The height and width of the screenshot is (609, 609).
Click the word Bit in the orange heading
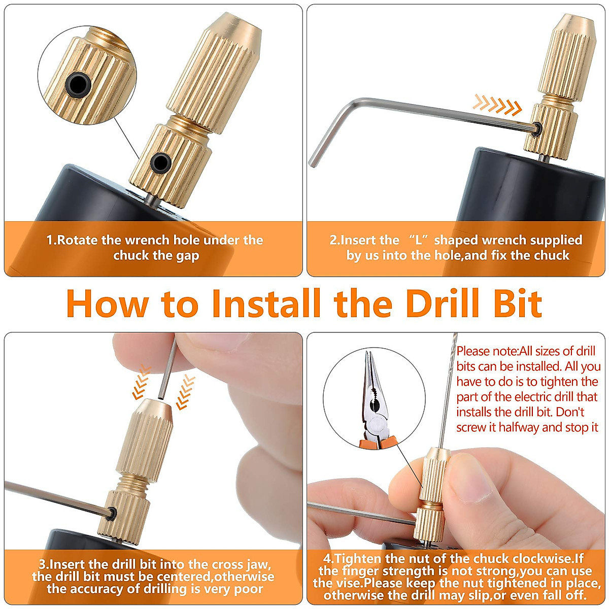coord(517,304)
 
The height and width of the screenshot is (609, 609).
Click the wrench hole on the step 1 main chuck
coord(161,162)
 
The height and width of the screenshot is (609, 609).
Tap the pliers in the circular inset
coord(375,401)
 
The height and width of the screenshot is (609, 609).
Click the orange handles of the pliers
coord(376,441)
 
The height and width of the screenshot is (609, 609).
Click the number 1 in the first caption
coord(50,240)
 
